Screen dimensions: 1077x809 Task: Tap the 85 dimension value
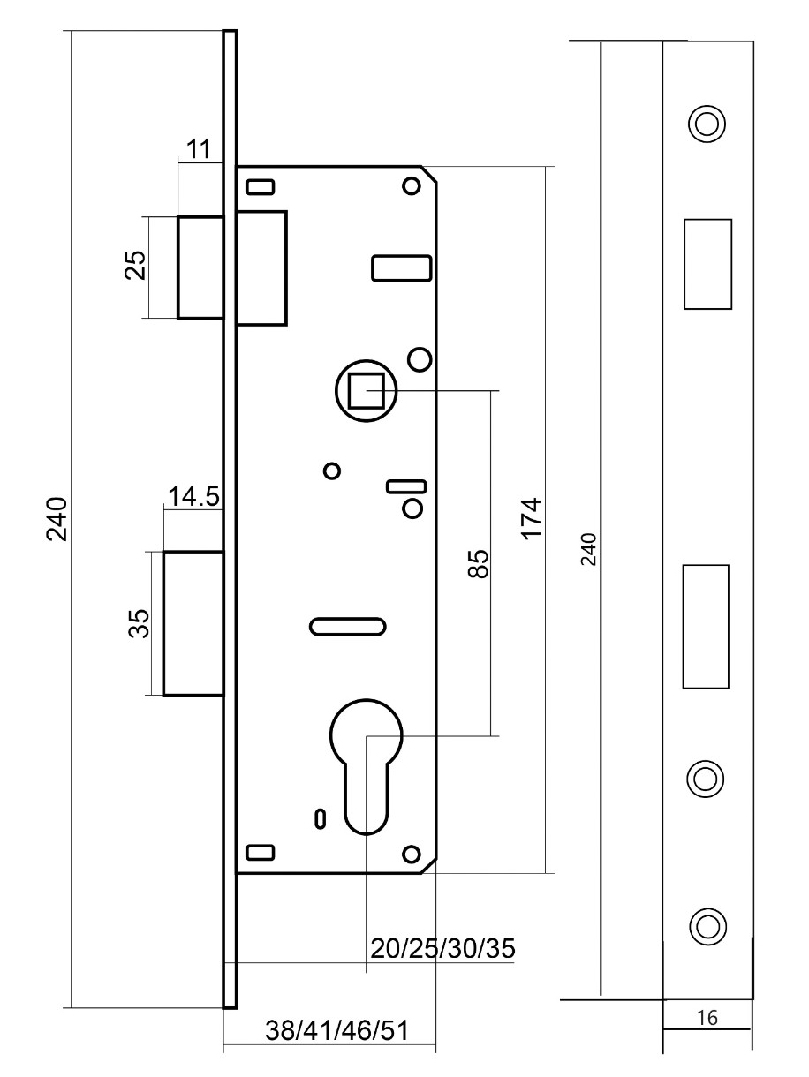478,563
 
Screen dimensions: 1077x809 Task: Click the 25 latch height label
135,266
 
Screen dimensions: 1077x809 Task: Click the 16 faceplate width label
707,1019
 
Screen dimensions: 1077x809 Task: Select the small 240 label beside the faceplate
591,549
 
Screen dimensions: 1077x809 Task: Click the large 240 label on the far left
57,519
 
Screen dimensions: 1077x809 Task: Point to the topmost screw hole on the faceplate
706,123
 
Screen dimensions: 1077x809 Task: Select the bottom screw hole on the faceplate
706,924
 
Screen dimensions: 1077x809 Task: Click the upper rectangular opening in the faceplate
707,264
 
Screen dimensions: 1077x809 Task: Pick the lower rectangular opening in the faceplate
706,626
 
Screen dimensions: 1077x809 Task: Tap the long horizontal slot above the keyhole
347,626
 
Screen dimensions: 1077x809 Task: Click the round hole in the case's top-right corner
410,186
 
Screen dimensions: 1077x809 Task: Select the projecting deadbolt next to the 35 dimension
193,623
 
